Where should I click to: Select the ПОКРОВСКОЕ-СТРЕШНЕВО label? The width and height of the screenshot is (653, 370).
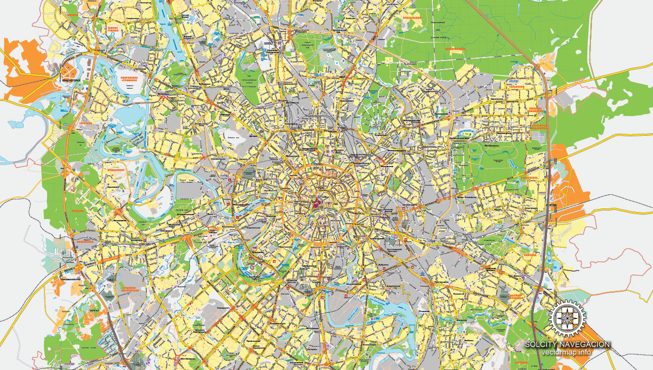[x=130, y=81]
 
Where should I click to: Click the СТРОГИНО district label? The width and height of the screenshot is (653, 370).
[x=85, y=123]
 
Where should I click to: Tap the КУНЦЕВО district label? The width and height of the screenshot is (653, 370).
[x=77, y=212]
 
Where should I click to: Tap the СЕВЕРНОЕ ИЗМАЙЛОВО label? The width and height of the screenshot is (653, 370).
[x=536, y=111]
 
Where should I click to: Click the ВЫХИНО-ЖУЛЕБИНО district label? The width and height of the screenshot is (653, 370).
[x=529, y=286]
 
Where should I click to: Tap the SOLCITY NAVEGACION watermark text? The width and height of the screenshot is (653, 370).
[x=567, y=344]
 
